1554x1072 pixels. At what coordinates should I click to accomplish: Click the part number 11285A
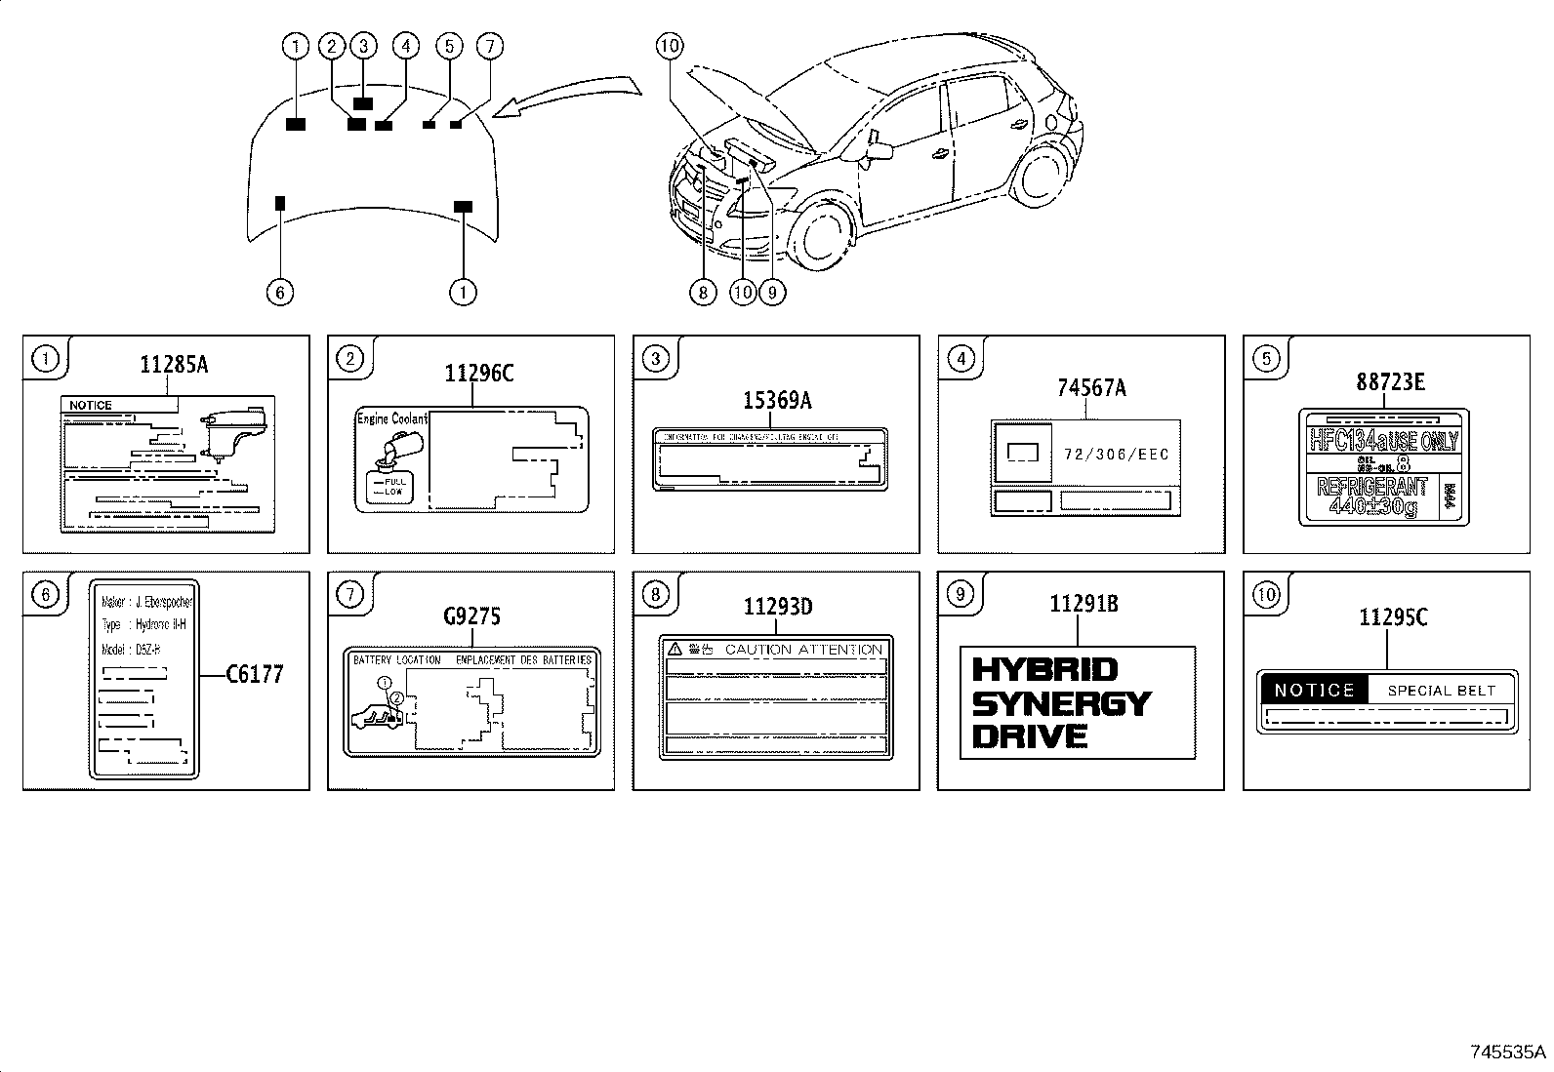(x=174, y=365)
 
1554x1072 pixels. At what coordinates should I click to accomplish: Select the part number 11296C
(x=478, y=374)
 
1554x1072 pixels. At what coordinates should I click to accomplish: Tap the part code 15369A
(x=778, y=400)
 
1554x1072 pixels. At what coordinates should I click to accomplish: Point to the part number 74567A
(x=1091, y=388)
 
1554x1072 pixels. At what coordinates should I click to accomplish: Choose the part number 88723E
(x=1389, y=382)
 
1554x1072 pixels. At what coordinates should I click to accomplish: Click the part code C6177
(x=255, y=674)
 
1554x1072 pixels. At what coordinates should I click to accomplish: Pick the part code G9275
(x=471, y=616)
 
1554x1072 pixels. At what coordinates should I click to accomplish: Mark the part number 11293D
(x=778, y=607)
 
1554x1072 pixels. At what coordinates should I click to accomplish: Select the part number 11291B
(x=1084, y=605)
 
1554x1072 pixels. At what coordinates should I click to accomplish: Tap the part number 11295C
(x=1393, y=616)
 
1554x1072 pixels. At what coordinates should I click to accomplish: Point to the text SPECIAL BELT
(x=1441, y=691)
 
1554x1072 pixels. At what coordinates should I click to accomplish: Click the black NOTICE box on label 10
(x=1314, y=691)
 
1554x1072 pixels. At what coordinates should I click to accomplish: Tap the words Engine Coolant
(x=392, y=418)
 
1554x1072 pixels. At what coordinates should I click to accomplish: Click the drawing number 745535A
(x=1508, y=1052)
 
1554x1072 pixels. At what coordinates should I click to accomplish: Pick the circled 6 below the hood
(x=279, y=292)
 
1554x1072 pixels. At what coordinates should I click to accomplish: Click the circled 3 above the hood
(x=363, y=45)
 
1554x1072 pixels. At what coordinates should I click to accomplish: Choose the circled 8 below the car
(x=702, y=292)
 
